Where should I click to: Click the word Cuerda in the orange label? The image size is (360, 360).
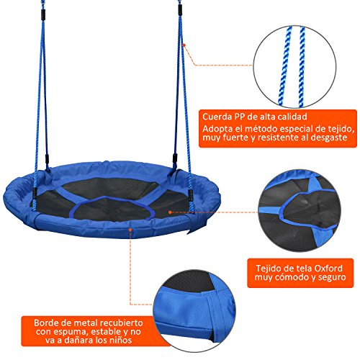pyautogui.click(x=217, y=117)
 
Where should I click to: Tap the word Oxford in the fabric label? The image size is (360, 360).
pyautogui.click(x=328, y=268)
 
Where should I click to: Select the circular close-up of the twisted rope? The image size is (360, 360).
pyautogui.click(x=295, y=67)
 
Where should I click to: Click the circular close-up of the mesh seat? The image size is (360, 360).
pyautogui.click(x=300, y=210)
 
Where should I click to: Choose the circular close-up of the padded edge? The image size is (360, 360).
pyautogui.click(x=194, y=311)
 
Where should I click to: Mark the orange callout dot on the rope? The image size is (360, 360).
pyautogui.click(x=184, y=45)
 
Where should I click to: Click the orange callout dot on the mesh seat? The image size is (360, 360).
pyautogui.click(x=170, y=212)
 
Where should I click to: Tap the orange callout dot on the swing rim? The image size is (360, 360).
pyautogui.click(x=130, y=230)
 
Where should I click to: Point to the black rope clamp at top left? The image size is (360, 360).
pyautogui.click(x=43, y=15)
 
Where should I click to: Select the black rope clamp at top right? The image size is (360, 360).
pyautogui.click(x=180, y=9)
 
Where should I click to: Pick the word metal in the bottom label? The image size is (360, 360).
pyautogui.click(x=86, y=323)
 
